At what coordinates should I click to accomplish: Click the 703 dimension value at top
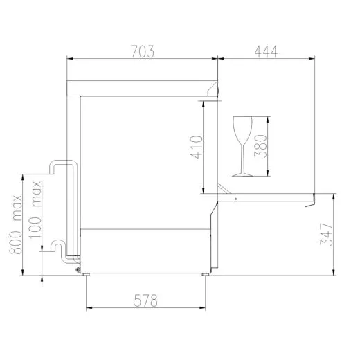pyautogui.click(x=141, y=51)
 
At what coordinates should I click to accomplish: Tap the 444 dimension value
pyautogui.click(x=265, y=51)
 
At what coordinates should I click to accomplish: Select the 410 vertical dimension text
pyautogui.click(x=195, y=147)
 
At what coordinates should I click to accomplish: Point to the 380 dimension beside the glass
pyautogui.click(x=261, y=147)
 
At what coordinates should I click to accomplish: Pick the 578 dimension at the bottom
pyautogui.click(x=146, y=300)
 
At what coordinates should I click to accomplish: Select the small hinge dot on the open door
pyautogui.click(x=236, y=198)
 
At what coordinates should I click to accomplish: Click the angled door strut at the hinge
pyautogui.click(x=223, y=189)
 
